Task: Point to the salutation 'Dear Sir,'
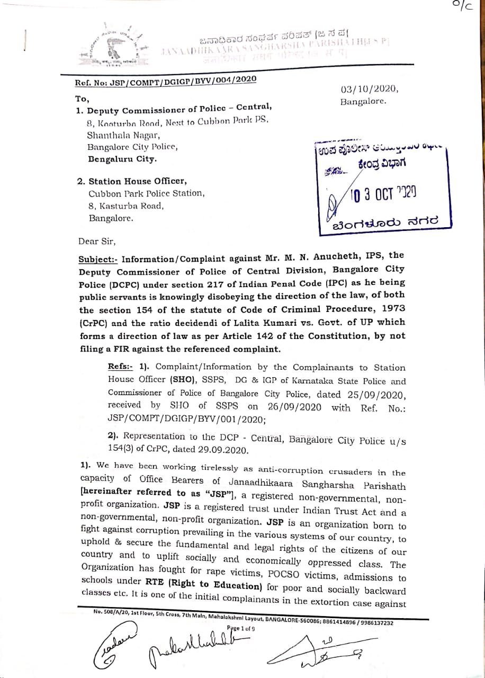pos(96,242)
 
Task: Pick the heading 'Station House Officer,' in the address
pos(137,181)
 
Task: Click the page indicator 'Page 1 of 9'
pos(241,629)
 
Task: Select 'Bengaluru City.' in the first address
pos(122,158)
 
